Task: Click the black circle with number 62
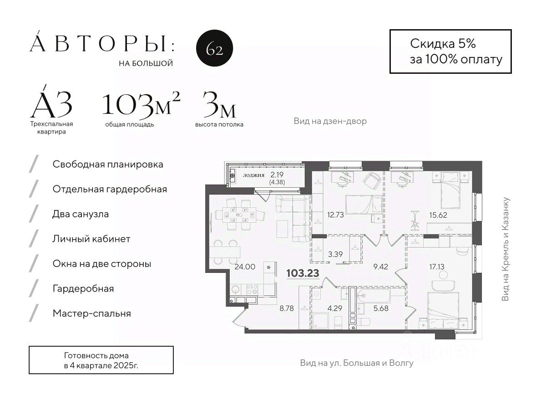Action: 214,48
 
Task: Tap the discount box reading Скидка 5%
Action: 450,51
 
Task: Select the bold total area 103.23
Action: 303,273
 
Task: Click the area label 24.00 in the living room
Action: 245,266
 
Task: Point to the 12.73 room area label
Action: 335,215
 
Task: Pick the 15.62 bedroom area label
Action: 438,215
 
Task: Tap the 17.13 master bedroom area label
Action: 436,266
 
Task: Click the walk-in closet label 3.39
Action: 335,254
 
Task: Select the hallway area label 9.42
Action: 380,266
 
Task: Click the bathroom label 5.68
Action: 380,308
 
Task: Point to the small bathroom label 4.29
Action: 335,308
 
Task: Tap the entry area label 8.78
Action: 287,308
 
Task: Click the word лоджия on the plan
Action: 253,175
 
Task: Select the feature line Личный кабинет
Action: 91,239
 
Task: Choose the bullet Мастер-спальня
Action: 92,313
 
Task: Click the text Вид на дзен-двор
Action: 330,121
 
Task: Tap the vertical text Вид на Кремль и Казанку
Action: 505,249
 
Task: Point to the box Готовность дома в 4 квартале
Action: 101,360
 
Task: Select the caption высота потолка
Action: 219,124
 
